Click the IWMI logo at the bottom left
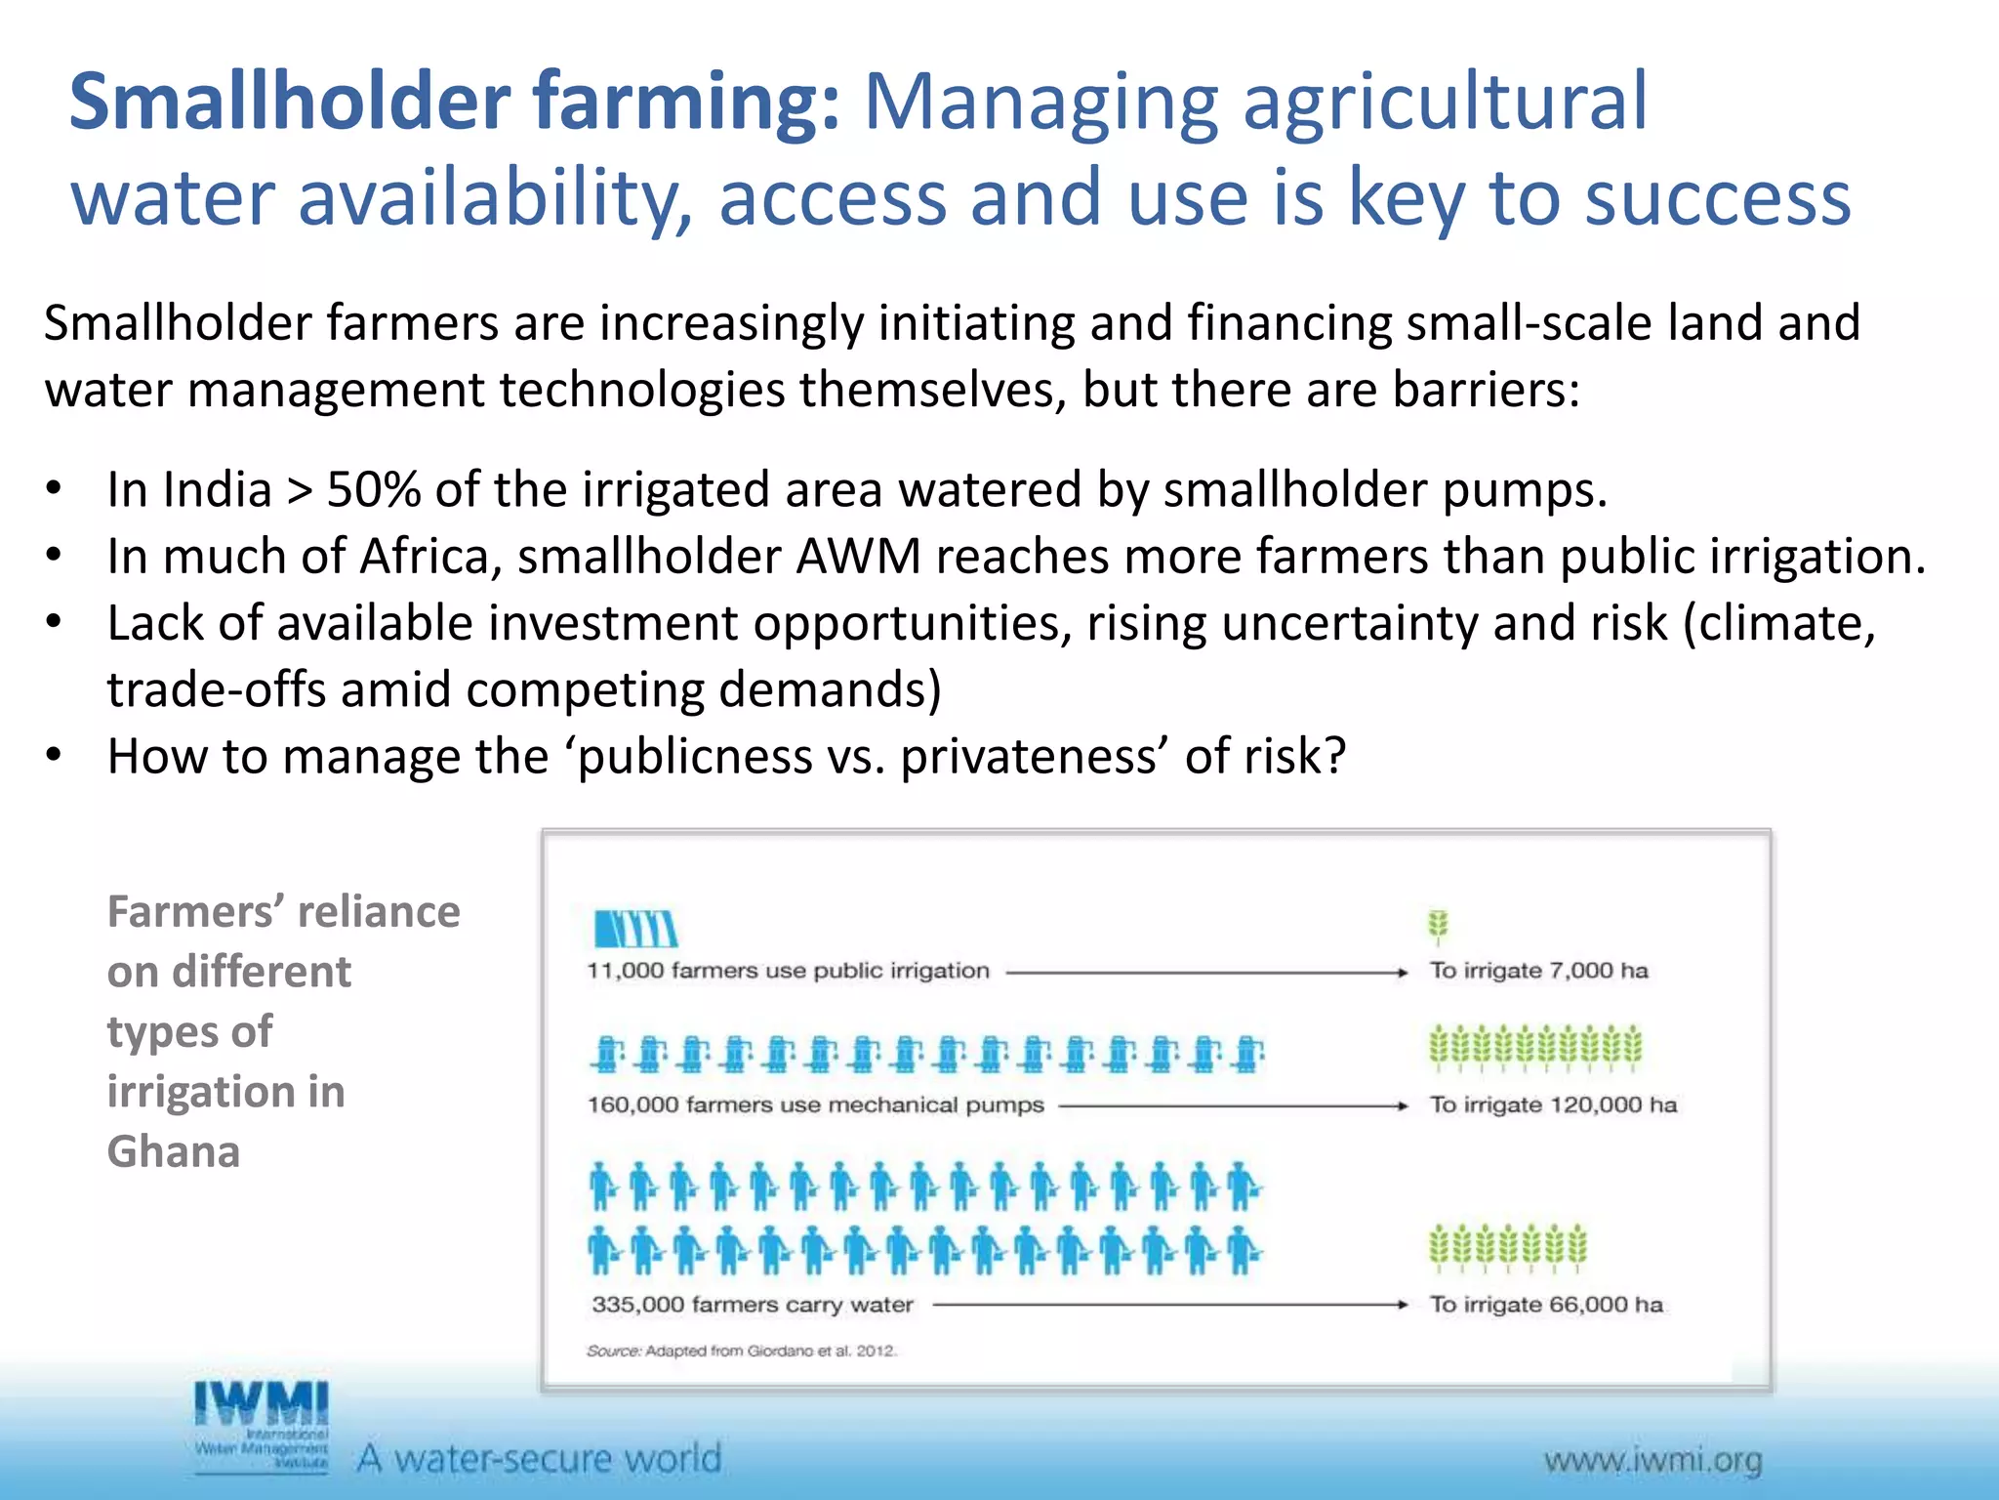pos(261,1425)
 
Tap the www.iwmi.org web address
pos(1652,1461)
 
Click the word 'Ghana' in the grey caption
pos(174,1152)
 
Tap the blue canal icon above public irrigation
pos(635,928)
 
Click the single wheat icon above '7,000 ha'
pos(1437,926)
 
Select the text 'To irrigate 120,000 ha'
pos(1553,1104)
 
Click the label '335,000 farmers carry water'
pos(753,1305)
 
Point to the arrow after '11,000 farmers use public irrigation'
pos(1206,973)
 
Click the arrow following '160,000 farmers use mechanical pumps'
pos(1233,1106)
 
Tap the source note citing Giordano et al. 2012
pos(741,1352)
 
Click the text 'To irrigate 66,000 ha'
pos(1546,1305)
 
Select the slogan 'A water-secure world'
pos(540,1459)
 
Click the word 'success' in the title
pos(1717,197)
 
